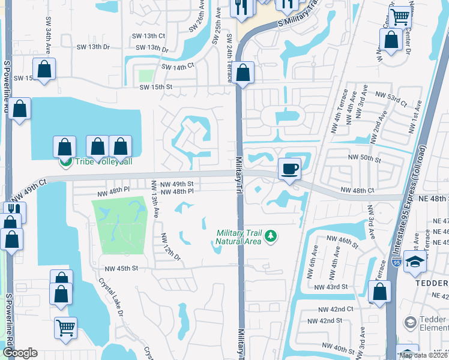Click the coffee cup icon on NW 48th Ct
289,169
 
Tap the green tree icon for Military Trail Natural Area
271,236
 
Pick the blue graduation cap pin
415,262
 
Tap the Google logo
20,353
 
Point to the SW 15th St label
156,87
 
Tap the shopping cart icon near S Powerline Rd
65,327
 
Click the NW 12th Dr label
171,247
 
